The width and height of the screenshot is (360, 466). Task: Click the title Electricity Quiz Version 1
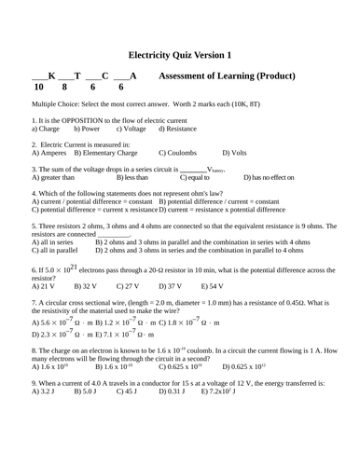click(x=180, y=54)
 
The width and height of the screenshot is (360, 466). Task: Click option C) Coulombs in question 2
click(x=182, y=152)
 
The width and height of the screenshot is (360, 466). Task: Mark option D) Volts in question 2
click(x=234, y=152)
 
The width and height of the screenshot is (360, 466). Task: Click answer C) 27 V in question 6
click(x=126, y=286)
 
